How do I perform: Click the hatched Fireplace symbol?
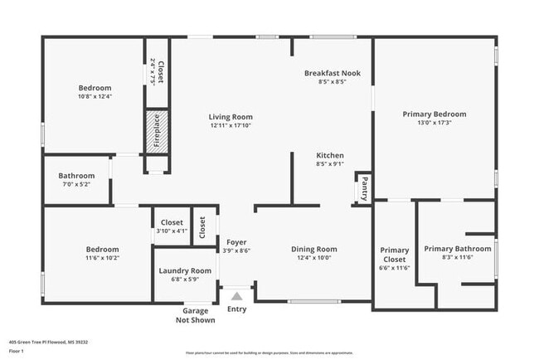click(x=158, y=131)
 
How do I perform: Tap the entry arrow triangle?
click(x=237, y=295)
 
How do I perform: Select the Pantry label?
click(x=362, y=188)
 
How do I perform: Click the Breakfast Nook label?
click(x=332, y=73)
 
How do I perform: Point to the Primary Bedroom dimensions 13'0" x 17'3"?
click(x=434, y=124)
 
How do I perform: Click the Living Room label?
click(x=231, y=117)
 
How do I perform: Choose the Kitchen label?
click(x=330, y=155)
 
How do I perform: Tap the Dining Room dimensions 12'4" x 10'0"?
click(x=313, y=258)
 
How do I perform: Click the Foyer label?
click(x=236, y=242)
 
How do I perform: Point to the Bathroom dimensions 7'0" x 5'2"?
click(x=76, y=184)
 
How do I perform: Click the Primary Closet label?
click(x=395, y=255)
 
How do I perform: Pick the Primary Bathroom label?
click(x=458, y=248)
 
